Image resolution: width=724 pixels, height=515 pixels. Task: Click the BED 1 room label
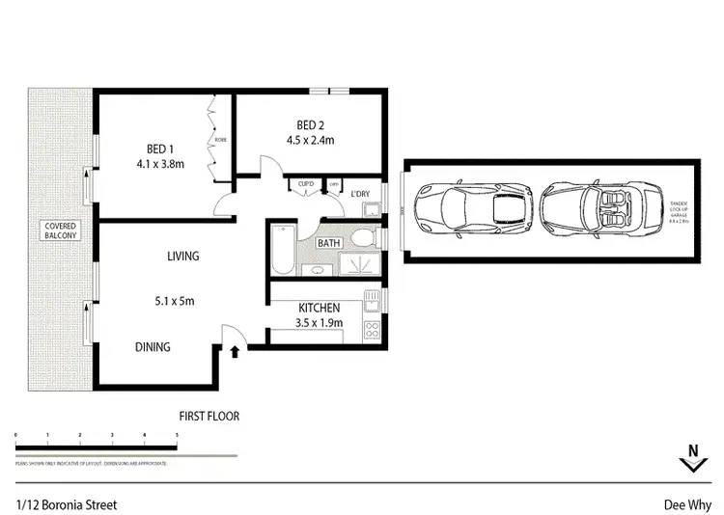click(159, 149)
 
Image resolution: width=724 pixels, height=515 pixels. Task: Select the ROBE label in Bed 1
click(221, 138)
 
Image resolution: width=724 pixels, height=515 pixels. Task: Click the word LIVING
click(182, 257)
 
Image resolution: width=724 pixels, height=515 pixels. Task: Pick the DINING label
click(153, 347)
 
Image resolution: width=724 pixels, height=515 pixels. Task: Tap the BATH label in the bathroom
click(329, 244)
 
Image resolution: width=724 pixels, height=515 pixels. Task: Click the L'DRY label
click(361, 195)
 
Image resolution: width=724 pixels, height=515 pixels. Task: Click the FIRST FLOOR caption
click(209, 417)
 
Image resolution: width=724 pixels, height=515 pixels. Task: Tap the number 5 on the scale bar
click(177, 436)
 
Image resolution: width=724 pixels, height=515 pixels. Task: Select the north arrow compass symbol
click(692, 459)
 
